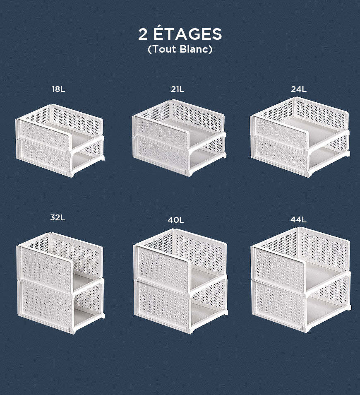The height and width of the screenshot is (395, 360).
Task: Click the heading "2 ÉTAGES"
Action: pyautogui.click(x=180, y=34)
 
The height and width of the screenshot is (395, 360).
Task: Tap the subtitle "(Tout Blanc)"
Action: pyautogui.click(x=180, y=49)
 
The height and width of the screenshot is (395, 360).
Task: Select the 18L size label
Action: pyautogui.click(x=58, y=89)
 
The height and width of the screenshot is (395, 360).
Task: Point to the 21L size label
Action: pyautogui.click(x=178, y=89)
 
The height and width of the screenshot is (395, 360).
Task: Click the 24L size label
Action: pyautogui.click(x=299, y=89)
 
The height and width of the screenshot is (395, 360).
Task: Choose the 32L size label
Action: pyautogui.click(x=58, y=217)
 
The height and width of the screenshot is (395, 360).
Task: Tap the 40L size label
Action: pyautogui.click(x=176, y=220)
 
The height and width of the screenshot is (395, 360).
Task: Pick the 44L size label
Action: pyautogui.click(x=299, y=220)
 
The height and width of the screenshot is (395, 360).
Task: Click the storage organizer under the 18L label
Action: pyautogui.click(x=60, y=140)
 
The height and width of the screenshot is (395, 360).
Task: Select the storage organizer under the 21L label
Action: pyautogui.click(x=179, y=138)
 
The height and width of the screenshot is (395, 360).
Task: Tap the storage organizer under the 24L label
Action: pyautogui.click(x=300, y=137)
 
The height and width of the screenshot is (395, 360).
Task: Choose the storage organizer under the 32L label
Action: pyautogui.click(x=60, y=283)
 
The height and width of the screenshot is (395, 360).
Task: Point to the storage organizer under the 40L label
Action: pyautogui.click(x=180, y=281)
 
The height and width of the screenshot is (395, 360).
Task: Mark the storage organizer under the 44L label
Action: pyautogui.click(x=301, y=279)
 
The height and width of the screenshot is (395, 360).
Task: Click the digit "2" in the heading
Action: pyautogui.click(x=143, y=34)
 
